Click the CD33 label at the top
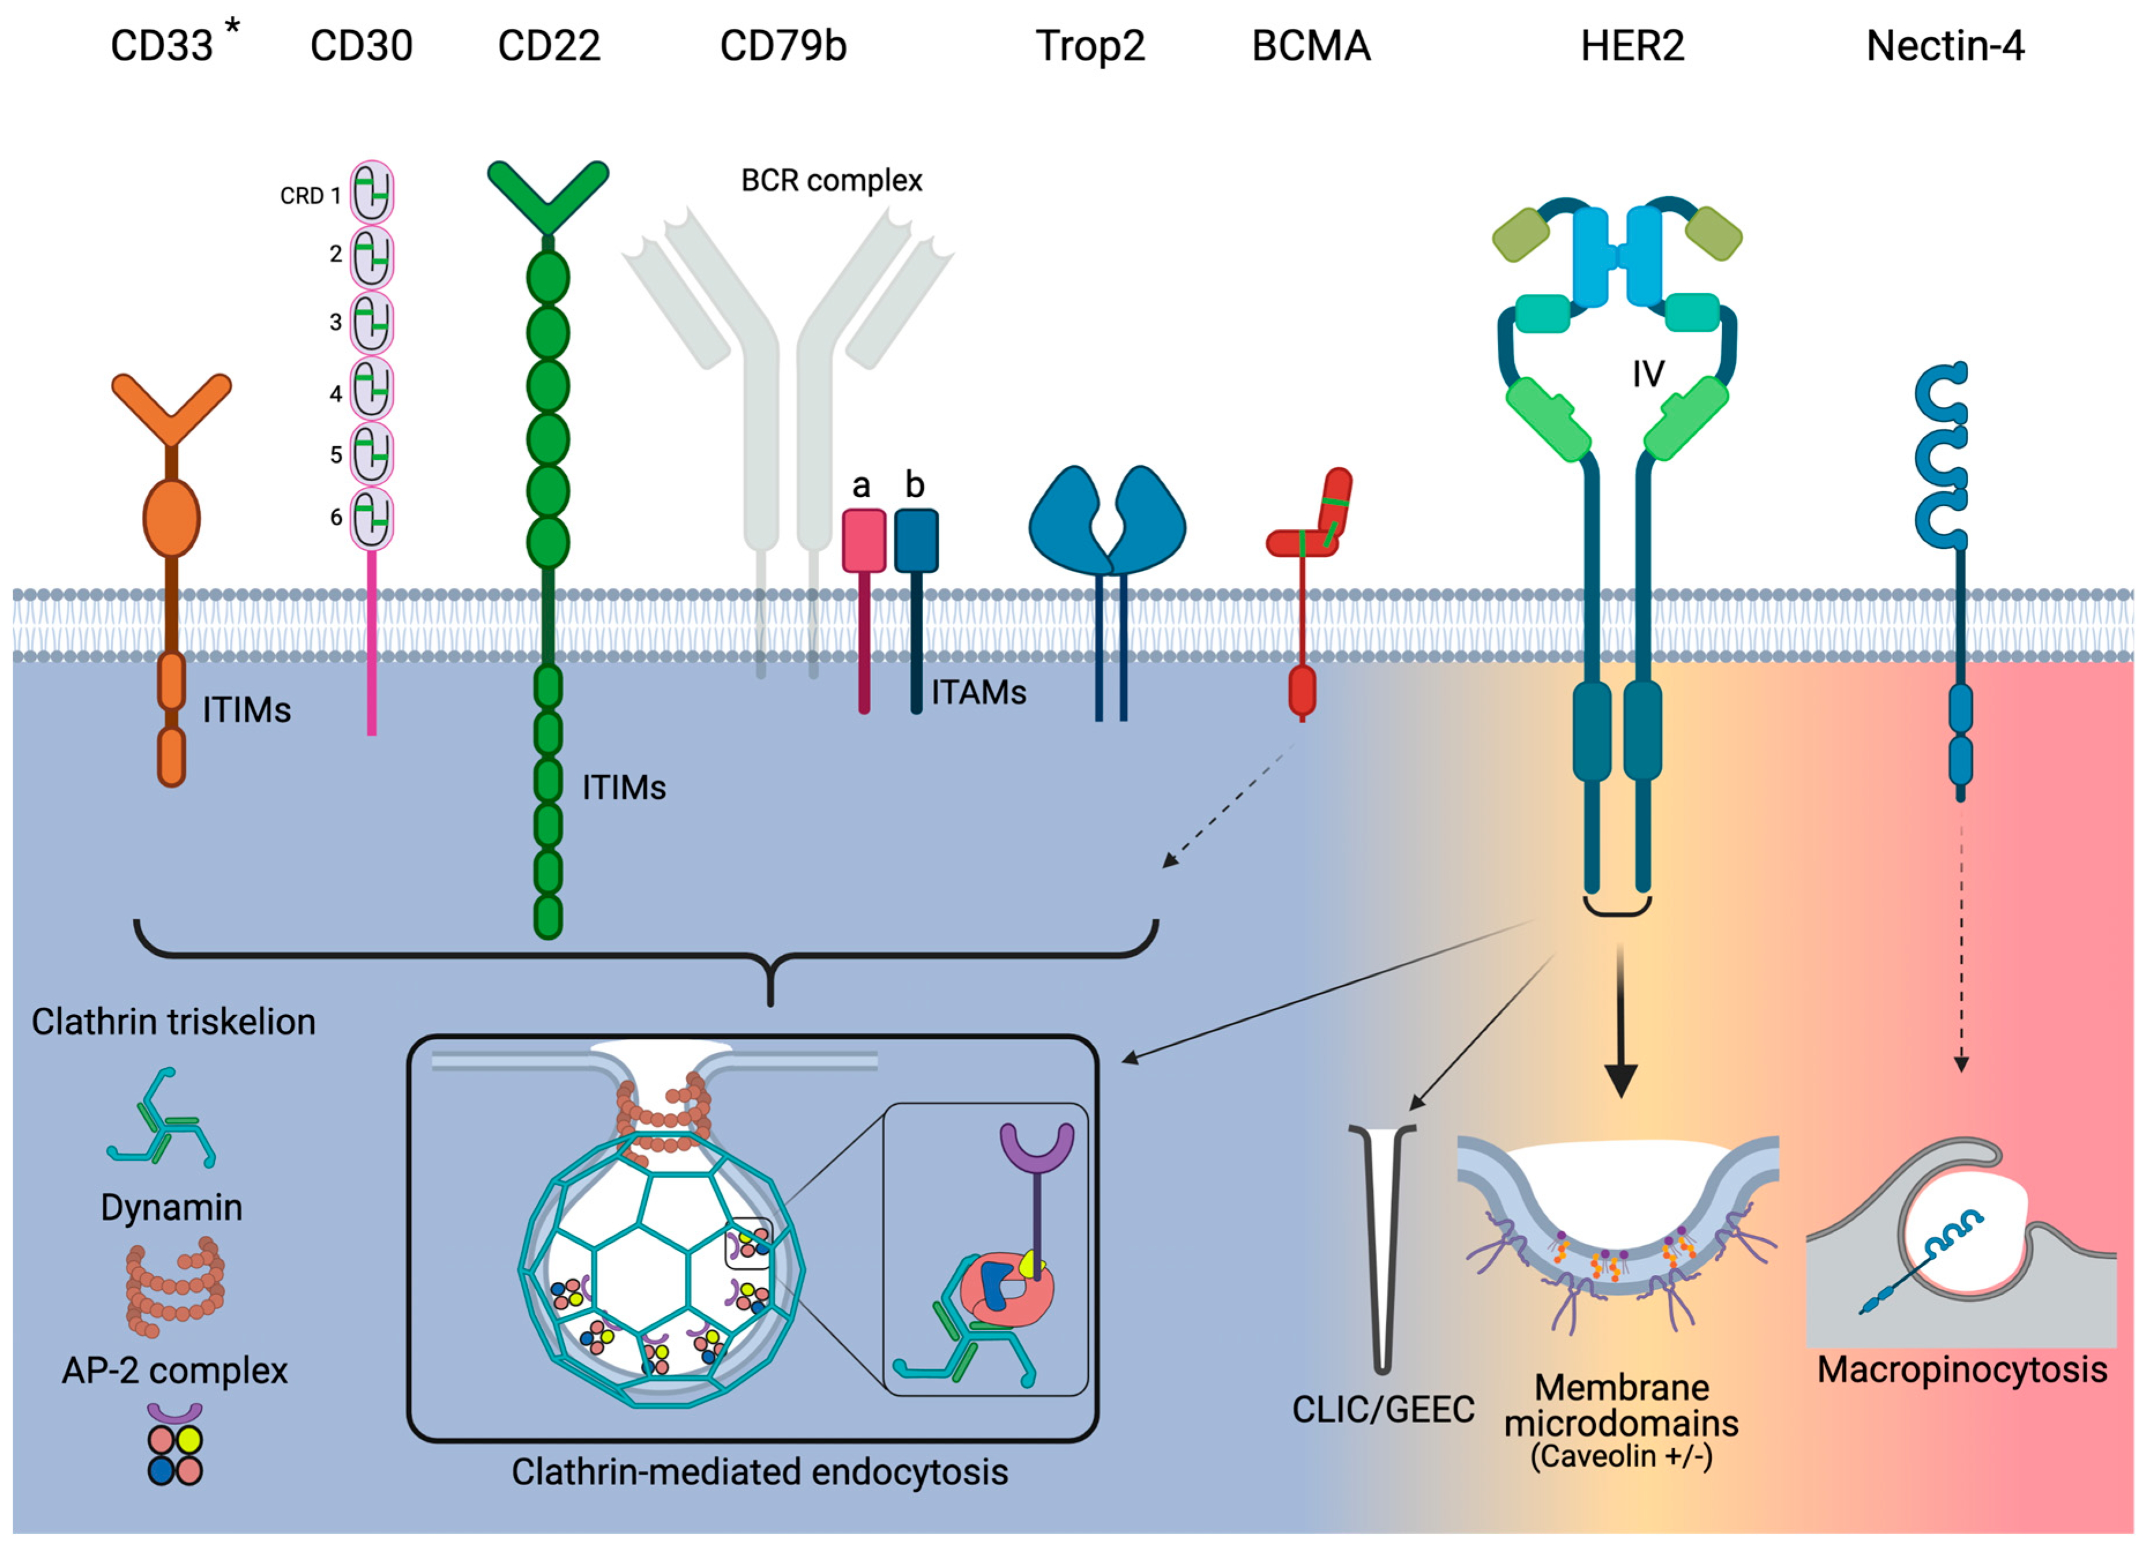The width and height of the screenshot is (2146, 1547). click(162, 46)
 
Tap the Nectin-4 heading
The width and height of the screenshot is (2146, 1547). click(1945, 46)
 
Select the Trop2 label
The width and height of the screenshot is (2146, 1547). click(1090, 46)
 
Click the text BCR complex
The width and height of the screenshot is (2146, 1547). click(831, 180)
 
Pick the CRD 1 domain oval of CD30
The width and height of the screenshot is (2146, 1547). click(372, 193)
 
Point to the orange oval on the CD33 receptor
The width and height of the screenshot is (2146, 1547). click(171, 518)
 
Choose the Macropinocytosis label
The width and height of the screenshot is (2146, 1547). click(1961, 1369)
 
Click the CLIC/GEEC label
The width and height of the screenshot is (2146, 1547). click(1383, 1409)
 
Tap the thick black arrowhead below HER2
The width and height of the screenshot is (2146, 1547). click(1621, 1079)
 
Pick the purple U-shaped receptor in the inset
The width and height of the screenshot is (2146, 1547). click(1037, 1148)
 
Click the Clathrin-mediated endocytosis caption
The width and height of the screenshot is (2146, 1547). click(760, 1471)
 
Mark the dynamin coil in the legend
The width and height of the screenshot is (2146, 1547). click(174, 1291)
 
